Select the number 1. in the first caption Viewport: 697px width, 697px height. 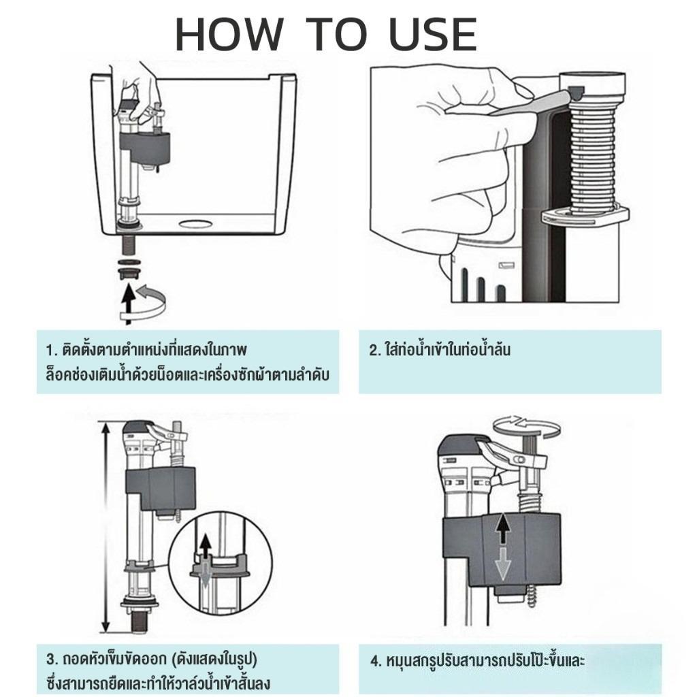coord(52,351)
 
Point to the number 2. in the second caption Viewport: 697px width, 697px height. coord(376,351)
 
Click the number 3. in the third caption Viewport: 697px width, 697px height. coord(52,659)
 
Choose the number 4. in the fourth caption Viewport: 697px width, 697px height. coord(376,660)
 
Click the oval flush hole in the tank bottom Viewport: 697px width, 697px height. coord(196,223)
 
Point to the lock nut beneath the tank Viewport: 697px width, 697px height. coord(129,272)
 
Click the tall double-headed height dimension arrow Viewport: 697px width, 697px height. coord(106,527)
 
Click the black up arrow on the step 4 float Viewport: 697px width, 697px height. coord(502,528)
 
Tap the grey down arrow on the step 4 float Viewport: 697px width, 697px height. coord(502,564)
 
